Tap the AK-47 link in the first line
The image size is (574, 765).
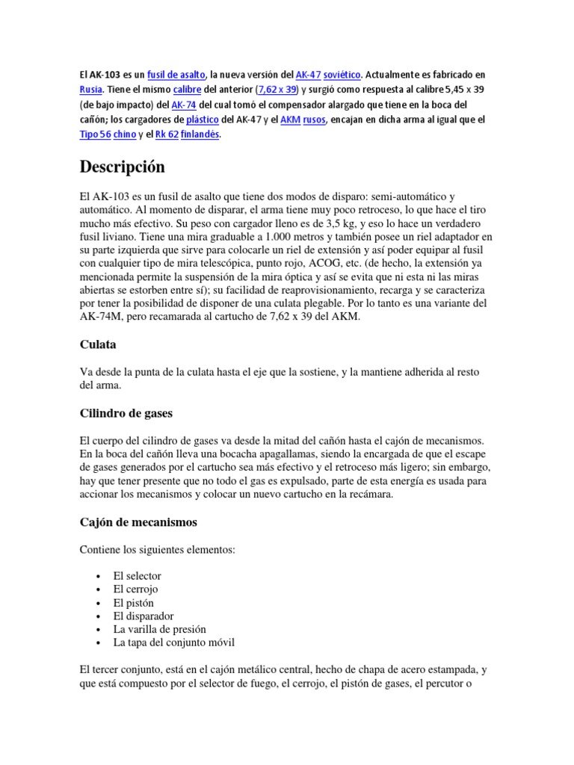point(309,75)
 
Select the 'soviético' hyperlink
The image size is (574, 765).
point(343,75)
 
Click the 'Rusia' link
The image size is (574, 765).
point(91,90)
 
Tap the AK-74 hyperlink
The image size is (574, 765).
point(183,105)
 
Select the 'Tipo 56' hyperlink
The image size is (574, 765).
point(95,134)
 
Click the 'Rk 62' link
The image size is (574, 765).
point(169,134)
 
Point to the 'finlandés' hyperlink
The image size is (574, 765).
point(203,134)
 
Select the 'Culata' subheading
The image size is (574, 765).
point(98,344)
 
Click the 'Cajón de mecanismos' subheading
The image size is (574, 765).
point(138,521)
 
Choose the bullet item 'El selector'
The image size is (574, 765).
point(137,576)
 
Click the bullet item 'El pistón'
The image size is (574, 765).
point(132,603)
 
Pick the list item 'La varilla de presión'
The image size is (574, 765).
point(159,629)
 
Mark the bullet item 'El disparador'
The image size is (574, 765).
point(143,616)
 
